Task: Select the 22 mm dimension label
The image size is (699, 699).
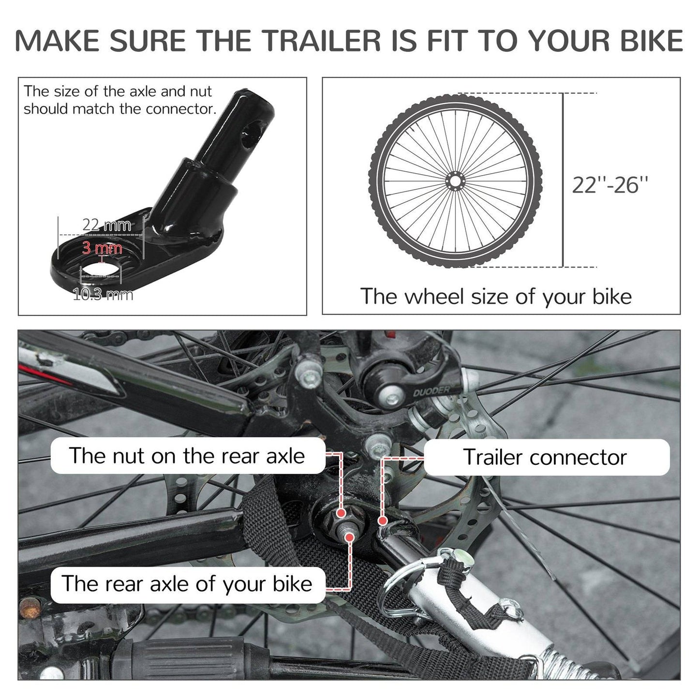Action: [106, 225]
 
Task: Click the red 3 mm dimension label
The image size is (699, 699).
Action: [102, 248]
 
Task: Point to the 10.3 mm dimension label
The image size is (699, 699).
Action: [103, 294]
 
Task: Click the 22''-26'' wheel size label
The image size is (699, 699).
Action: [610, 185]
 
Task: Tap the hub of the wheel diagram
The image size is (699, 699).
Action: [455, 181]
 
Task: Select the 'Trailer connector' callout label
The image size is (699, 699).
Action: [545, 457]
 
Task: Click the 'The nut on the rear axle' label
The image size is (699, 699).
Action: [187, 456]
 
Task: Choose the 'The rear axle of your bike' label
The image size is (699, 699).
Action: [187, 584]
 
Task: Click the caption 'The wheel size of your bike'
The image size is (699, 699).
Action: [496, 296]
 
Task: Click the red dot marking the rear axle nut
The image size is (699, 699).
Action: [341, 513]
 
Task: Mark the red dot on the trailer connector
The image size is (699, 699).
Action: [383, 521]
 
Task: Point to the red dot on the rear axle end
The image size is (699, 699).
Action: [350, 537]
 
